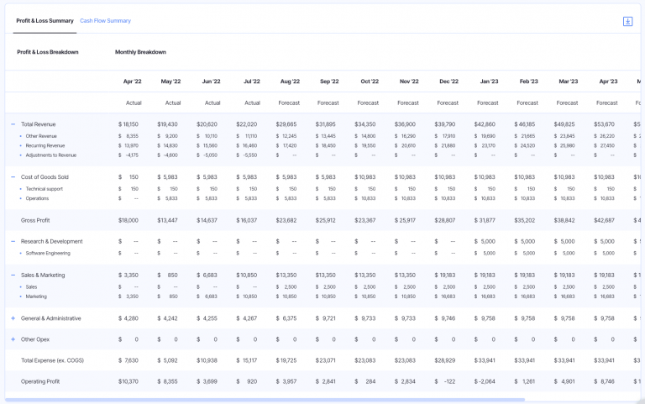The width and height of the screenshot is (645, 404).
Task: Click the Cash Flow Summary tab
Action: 105,20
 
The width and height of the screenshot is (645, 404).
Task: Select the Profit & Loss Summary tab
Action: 45,20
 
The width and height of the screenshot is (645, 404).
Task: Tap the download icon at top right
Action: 627,21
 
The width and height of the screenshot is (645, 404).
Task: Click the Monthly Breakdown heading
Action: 140,52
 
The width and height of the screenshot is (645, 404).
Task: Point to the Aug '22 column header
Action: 289,81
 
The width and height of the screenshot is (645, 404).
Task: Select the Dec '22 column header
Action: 448,81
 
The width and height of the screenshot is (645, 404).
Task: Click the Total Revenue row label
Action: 39,124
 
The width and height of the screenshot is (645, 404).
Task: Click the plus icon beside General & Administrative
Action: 13,318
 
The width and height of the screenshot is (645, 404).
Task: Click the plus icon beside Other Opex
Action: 13,339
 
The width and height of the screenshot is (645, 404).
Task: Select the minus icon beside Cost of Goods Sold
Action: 13,177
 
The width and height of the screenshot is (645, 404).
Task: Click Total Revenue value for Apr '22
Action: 128,124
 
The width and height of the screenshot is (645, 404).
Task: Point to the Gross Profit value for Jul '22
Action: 247,220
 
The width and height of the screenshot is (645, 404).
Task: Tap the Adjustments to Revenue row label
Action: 50,155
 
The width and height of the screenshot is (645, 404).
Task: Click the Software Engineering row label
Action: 48,253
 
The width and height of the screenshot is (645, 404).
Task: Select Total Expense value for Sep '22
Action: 326,360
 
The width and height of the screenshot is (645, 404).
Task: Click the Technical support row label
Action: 44,188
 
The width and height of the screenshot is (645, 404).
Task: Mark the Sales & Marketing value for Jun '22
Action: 207,275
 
